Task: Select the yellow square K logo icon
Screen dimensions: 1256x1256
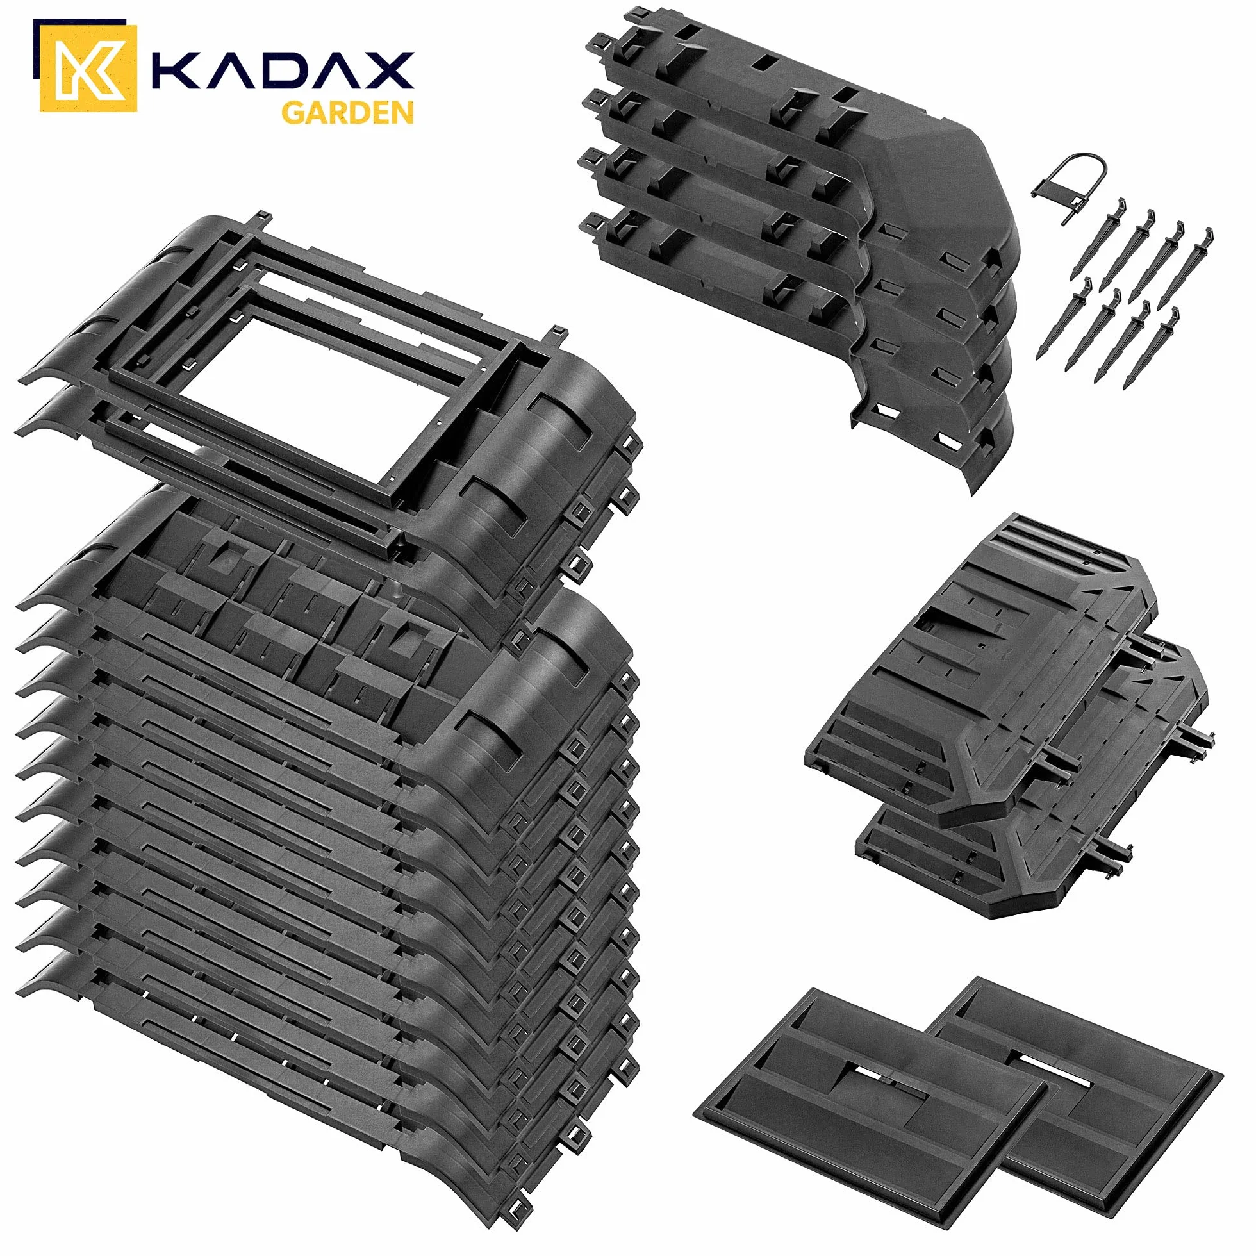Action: point(88,67)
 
